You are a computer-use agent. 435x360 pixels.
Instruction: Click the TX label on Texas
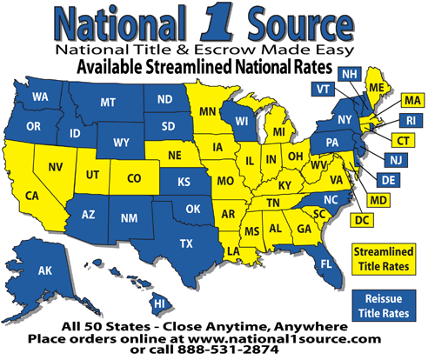(x=184, y=243)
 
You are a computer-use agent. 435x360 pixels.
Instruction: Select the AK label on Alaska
(x=45, y=271)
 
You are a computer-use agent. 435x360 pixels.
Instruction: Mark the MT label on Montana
(x=108, y=103)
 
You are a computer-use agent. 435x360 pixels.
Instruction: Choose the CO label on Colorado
(x=133, y=179)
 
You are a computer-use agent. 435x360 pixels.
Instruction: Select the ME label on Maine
(x=376, y=88)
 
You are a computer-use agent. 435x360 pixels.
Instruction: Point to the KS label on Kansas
(x=184, y=183)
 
